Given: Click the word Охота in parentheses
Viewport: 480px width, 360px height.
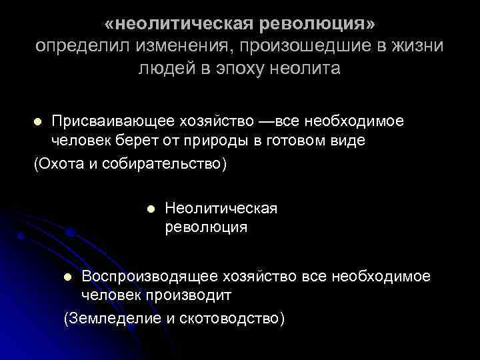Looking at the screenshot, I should [x=61, y=163].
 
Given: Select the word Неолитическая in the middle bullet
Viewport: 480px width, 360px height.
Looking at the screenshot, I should [x=221, y=209].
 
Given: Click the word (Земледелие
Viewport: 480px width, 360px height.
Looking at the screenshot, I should [x=111, y=318].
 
